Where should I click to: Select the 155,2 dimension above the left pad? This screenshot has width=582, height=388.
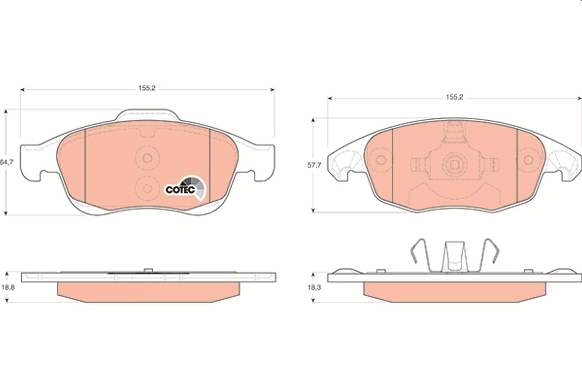click(x=147, y=88)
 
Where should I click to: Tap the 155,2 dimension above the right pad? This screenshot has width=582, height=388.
click(x=455, y=97)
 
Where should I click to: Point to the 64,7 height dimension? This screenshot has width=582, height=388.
click(x=6, y=162)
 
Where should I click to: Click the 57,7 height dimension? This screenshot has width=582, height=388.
click(x=314, y=165)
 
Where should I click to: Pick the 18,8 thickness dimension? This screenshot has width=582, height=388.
click(x=8, y=288)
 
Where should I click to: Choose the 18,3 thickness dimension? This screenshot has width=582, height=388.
click(x=314, y=288)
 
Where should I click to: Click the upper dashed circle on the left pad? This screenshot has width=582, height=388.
click(x=147, y=158)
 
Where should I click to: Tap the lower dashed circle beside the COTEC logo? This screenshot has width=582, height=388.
click(x=147, y=188)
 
